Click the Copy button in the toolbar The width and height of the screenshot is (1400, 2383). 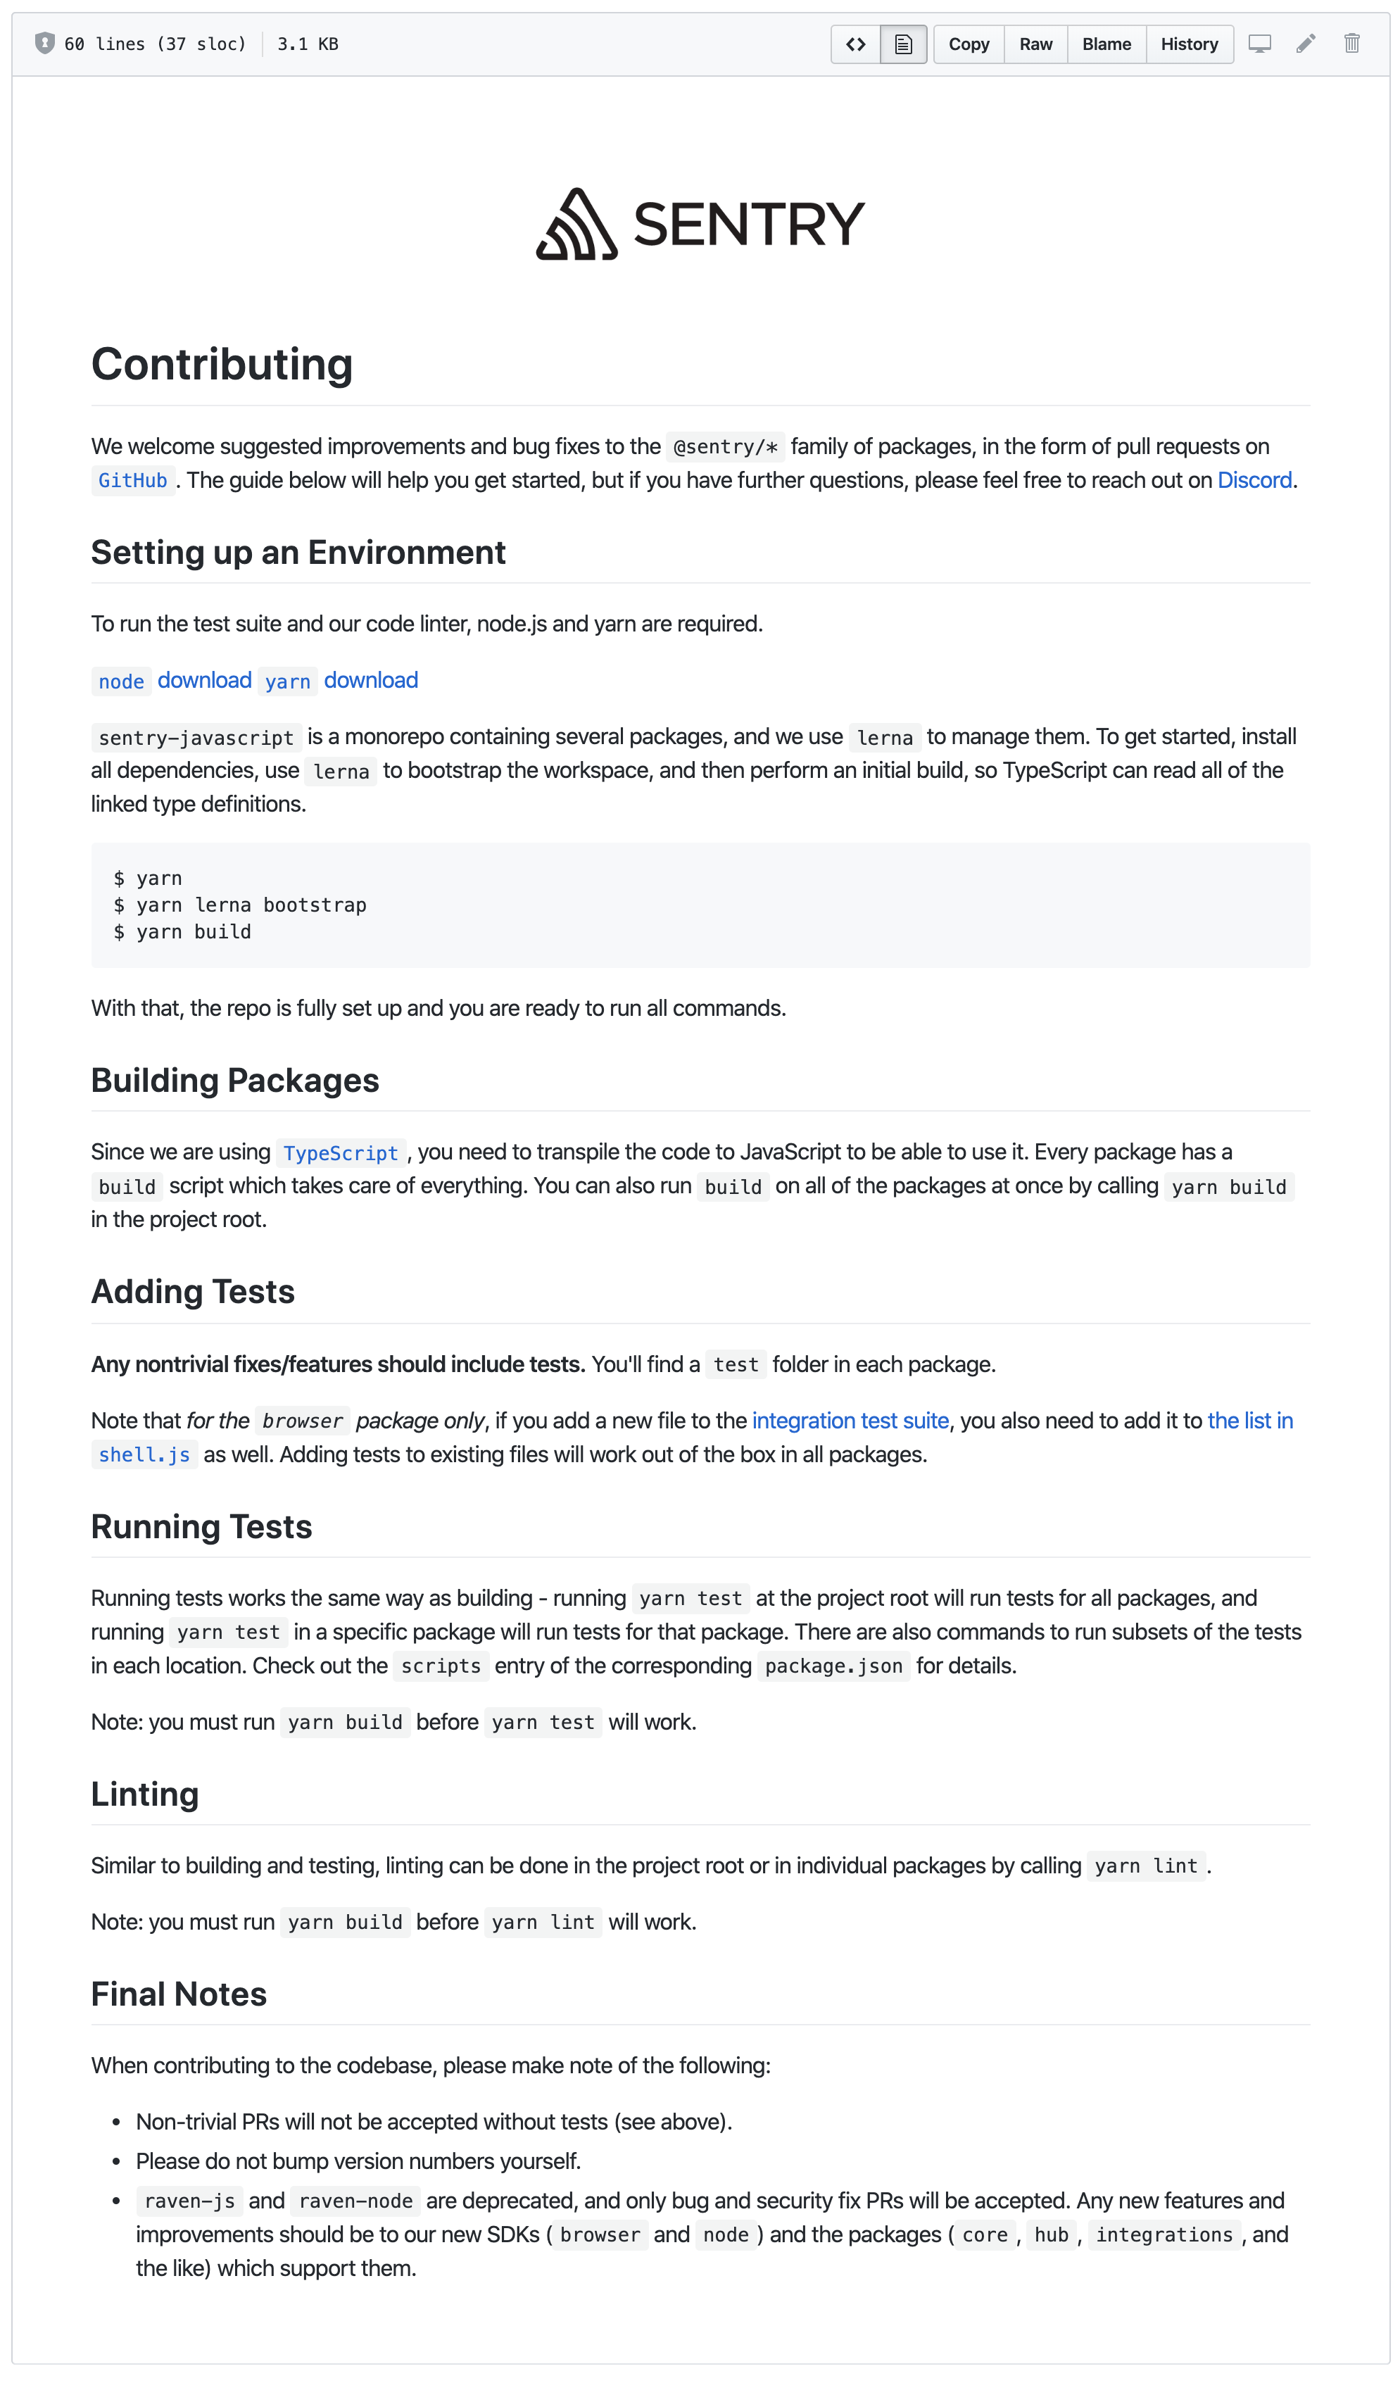click(968, 44)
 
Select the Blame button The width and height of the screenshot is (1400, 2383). click(1106, 44)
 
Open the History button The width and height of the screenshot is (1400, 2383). click(1188, 44)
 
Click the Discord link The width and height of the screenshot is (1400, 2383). click(1254, 480)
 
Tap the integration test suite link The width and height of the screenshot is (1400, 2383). click(850, 1421)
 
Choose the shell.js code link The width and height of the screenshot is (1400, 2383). click(144, 1455)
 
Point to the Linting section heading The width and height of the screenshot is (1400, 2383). click(144, 1794)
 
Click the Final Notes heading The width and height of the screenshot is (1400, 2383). click(179, 1994)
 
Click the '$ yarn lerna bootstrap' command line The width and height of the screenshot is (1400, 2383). click(240, 905)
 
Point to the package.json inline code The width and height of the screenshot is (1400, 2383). click(833, 1666)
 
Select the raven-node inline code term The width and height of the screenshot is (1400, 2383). click(355, 2201)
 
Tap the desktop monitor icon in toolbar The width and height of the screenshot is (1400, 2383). click(1259, 44)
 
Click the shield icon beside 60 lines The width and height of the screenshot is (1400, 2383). click(44, 44)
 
